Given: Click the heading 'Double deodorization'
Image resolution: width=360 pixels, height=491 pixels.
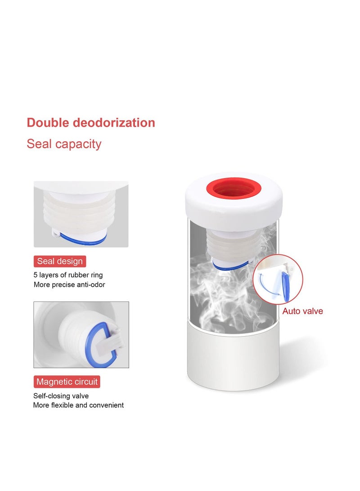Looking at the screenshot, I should pos(91,122).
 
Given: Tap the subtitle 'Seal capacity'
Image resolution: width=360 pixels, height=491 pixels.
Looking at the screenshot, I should pos(64,144).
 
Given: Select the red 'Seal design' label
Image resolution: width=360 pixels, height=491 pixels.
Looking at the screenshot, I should pos(60,261).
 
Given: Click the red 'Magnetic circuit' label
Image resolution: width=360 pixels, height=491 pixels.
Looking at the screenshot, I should pos(67,382).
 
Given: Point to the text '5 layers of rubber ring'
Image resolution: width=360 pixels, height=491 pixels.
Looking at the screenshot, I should pos(68,275).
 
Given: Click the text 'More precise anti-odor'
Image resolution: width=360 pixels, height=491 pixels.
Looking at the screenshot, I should pos(69,285).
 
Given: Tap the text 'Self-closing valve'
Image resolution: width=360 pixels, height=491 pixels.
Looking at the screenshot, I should pos(61,396).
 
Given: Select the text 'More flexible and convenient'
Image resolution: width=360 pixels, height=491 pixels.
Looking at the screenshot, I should pos(78,405).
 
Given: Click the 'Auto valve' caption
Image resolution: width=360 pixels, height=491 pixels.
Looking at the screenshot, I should pos(302,311).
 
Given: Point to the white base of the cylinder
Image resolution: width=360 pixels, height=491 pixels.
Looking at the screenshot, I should pos(233,360).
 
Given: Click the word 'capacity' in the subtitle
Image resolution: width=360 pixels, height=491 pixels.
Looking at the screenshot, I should pos(81,144).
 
